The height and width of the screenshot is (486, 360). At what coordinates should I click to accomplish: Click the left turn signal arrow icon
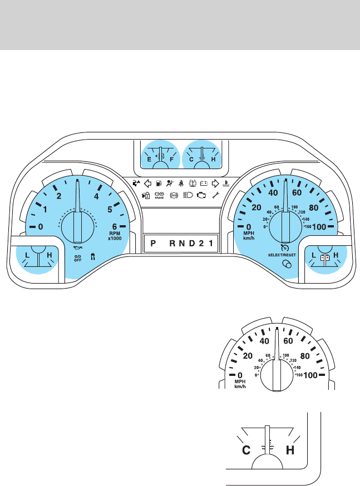coord(148,182)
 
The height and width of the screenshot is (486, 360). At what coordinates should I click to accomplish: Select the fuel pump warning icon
coord(160,182)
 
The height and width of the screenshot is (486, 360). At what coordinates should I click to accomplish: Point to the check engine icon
coord(201,196)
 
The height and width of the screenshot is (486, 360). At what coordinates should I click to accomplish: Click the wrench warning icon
coord(215,196)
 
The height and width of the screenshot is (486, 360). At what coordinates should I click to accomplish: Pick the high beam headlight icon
coord(188,196)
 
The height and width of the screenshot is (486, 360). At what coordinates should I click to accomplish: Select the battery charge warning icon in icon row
coord(204,182)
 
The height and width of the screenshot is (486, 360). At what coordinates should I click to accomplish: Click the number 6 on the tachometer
coord(115,226)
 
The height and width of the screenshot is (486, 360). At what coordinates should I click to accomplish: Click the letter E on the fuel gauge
coord(149,159)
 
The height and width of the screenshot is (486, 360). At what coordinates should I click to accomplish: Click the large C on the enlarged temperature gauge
coord(244,450)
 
